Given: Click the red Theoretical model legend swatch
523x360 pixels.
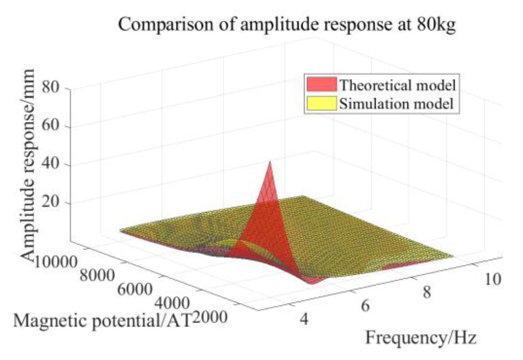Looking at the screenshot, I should [321, 85].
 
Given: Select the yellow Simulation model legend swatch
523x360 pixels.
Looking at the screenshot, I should [321, 103].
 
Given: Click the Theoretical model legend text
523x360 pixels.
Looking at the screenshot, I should [397, 85].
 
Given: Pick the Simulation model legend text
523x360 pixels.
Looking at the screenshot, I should [396, 104].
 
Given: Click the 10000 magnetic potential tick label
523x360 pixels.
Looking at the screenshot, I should [55, 262].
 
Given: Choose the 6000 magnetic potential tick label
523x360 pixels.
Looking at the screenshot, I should [135, 289].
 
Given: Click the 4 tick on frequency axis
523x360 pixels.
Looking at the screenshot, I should [304, 319].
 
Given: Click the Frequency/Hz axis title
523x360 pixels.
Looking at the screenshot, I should [421, 338].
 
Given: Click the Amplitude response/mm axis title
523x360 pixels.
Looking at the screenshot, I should [29, 165].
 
